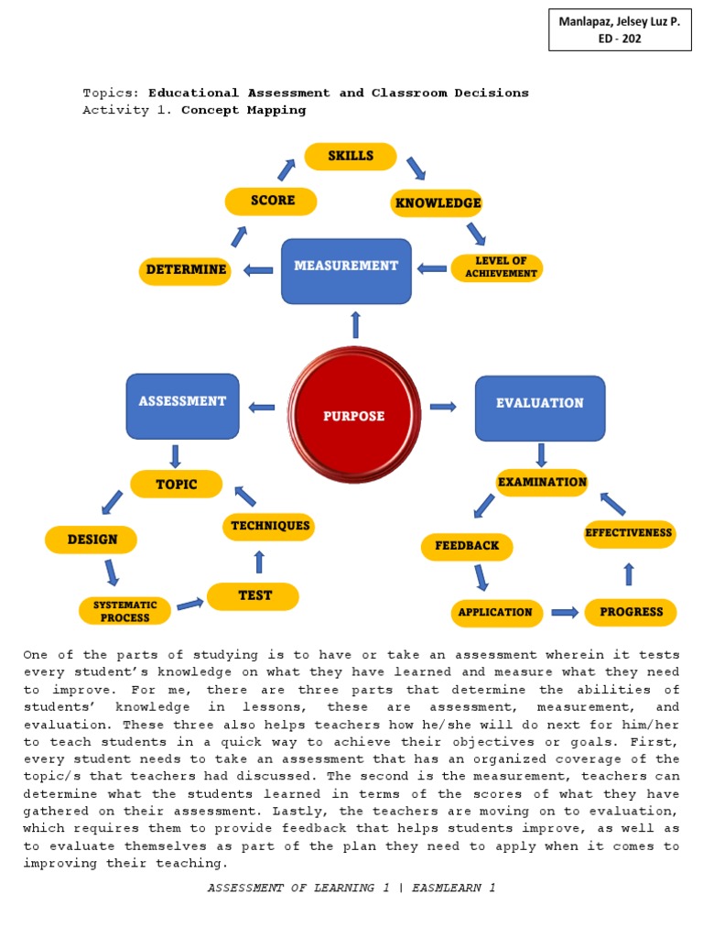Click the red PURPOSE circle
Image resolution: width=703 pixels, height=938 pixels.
tap(354, 415)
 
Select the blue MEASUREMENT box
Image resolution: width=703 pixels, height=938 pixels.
tap(346, 270)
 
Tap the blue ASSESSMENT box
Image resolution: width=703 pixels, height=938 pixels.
tap(182, 406)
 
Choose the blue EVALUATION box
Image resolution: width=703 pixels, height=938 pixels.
tap(540, 408)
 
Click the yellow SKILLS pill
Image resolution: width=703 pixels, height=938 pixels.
tap(351, 157)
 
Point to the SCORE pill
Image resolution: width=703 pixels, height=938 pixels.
tap(271, 202)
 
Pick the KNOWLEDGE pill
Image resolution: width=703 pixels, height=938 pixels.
tap(438, 202)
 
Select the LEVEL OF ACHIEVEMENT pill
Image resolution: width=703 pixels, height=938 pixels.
tap(497, 267)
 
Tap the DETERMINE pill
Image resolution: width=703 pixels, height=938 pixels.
tap(185, 271)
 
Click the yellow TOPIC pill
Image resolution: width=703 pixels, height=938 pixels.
tap(177, 484)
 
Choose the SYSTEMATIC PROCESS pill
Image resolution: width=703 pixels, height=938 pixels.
tap(124, 611)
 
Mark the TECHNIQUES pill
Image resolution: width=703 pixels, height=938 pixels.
tap(269, 526)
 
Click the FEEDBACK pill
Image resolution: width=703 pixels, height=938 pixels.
tap(467, 546)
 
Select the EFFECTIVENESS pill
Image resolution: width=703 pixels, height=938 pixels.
tap(629, 533)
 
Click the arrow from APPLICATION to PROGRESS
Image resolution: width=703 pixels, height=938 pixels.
tap(564, 612)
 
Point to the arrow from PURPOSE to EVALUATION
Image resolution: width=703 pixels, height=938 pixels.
tap(443, 407)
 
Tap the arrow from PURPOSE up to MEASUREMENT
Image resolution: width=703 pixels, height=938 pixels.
tap(355, 323)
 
